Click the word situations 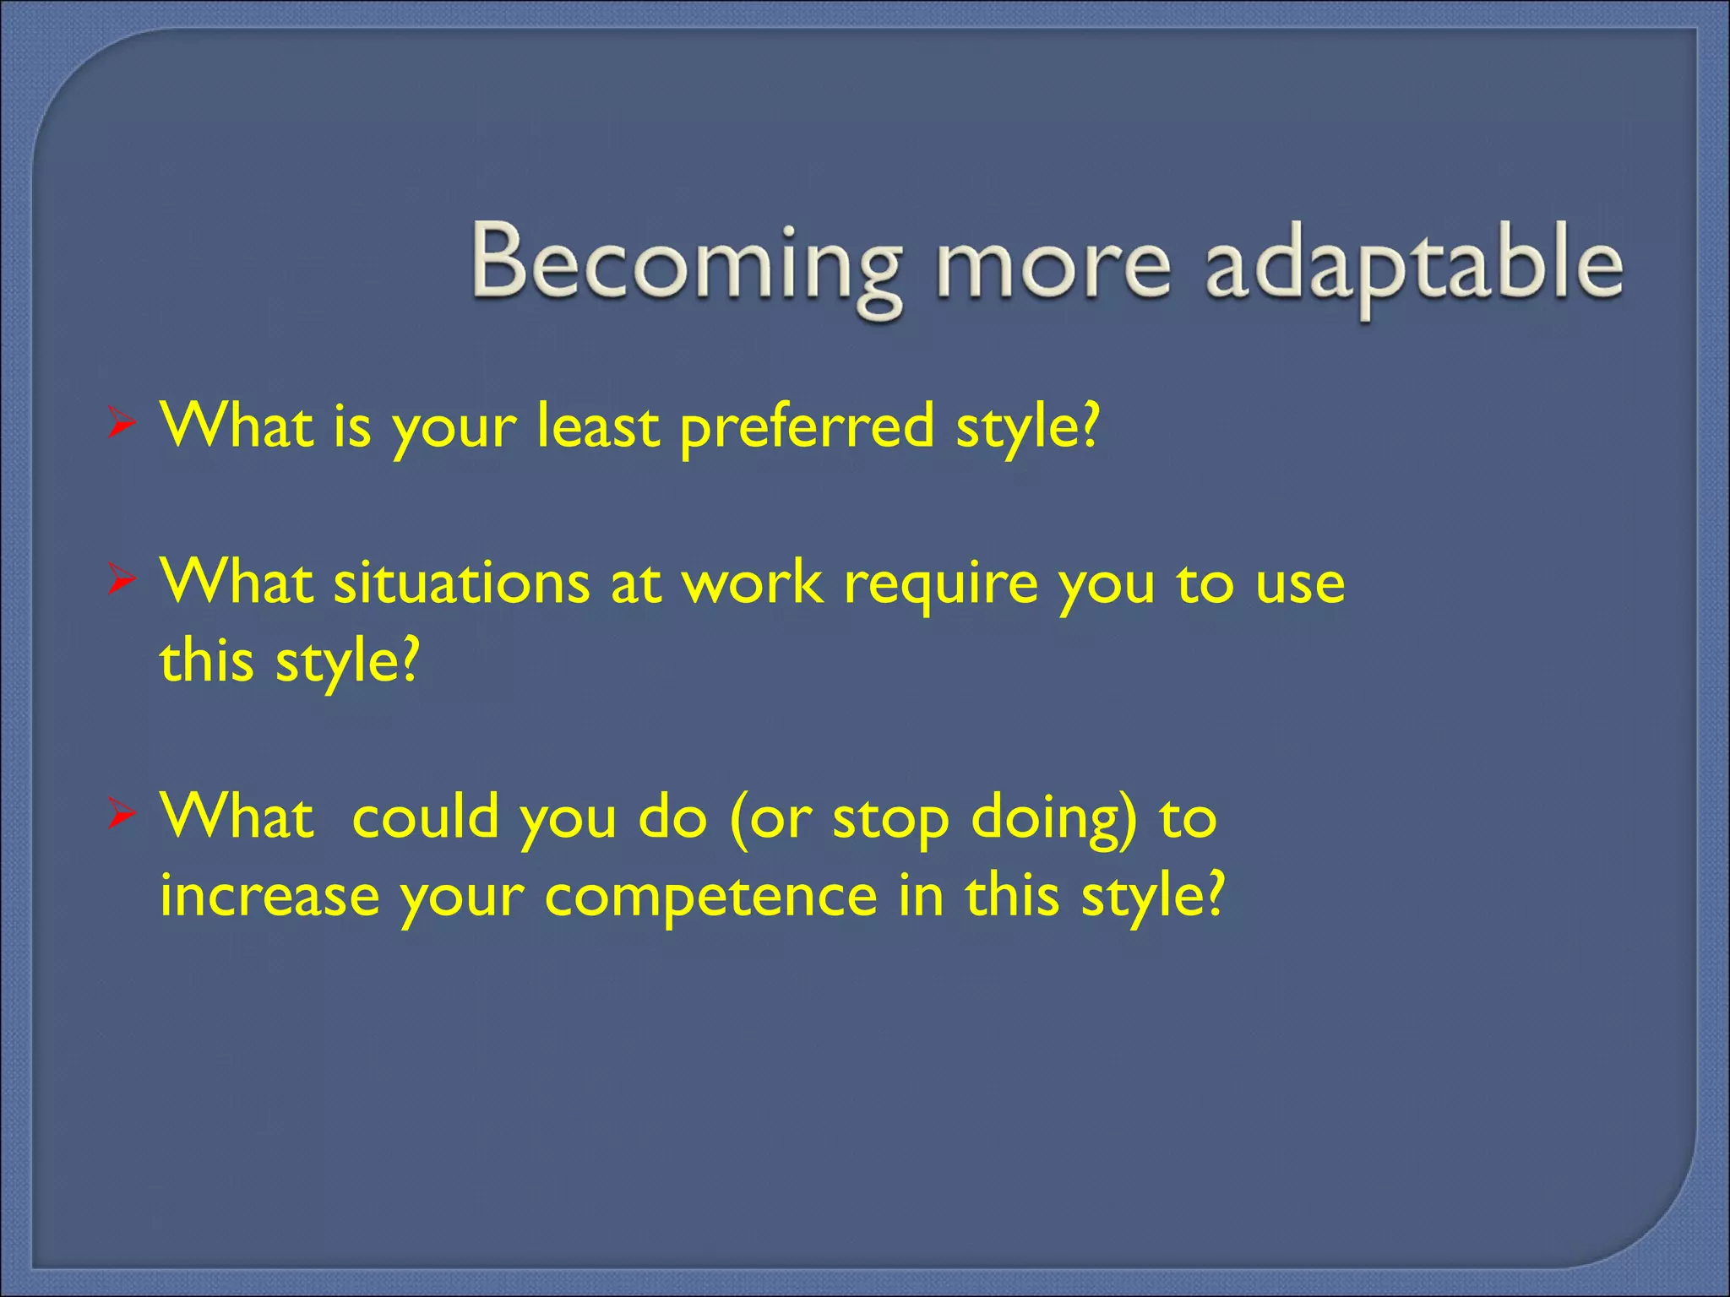(x=460, y=583)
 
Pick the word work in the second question (x=753, y=583)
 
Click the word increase (x=269, y=895)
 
